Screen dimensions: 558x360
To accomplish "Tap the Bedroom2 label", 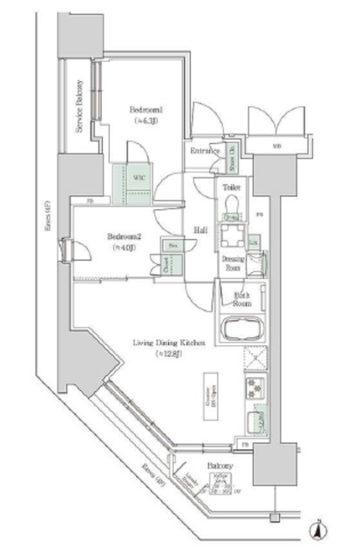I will (124, 236).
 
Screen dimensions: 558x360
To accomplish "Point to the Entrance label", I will (204, 152).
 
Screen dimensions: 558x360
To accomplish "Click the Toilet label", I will (231, 187).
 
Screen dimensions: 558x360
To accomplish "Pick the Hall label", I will (200, 230).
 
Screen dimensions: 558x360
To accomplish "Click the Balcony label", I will (221, 467).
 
